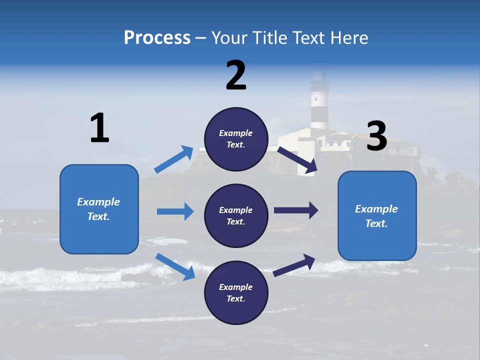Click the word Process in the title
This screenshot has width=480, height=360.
(157, 38)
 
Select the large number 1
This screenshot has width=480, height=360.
(99, 128)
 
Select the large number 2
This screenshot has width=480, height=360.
(236, 75)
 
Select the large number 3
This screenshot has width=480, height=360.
(377, 136)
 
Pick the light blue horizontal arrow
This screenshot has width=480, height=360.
(175, 211)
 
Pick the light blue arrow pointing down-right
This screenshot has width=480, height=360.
(175, 266)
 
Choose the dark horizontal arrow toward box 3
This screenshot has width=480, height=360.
(296, 210)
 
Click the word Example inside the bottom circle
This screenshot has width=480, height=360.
(236, 287)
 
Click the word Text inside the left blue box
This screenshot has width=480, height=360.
(98, 216)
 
